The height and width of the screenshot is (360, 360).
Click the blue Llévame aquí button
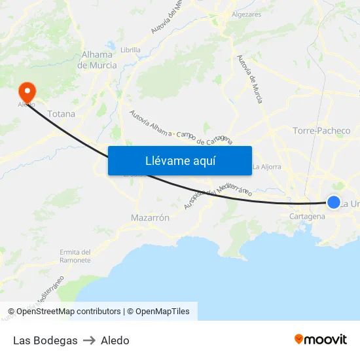point(179,160)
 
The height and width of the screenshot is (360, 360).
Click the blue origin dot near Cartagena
point(334,202)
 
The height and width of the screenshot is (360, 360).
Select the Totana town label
point(61,114)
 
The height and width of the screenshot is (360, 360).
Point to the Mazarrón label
point(151,217)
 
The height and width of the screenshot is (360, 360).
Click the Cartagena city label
point(307,216)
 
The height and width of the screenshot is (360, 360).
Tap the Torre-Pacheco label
point(321,131)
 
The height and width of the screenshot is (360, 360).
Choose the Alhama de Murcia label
point(97,60)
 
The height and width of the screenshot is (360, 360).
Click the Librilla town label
point(131,49)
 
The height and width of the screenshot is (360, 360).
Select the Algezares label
point(246,14)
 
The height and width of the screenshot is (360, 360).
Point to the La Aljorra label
point(267,166)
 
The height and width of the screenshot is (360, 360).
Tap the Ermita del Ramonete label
point(75,256)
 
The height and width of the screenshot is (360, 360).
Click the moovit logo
point(321,339)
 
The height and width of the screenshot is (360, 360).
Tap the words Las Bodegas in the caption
point(45,340)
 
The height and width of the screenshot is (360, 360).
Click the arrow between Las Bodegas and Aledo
point(89,340)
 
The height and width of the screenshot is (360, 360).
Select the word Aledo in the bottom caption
point(115,340)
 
